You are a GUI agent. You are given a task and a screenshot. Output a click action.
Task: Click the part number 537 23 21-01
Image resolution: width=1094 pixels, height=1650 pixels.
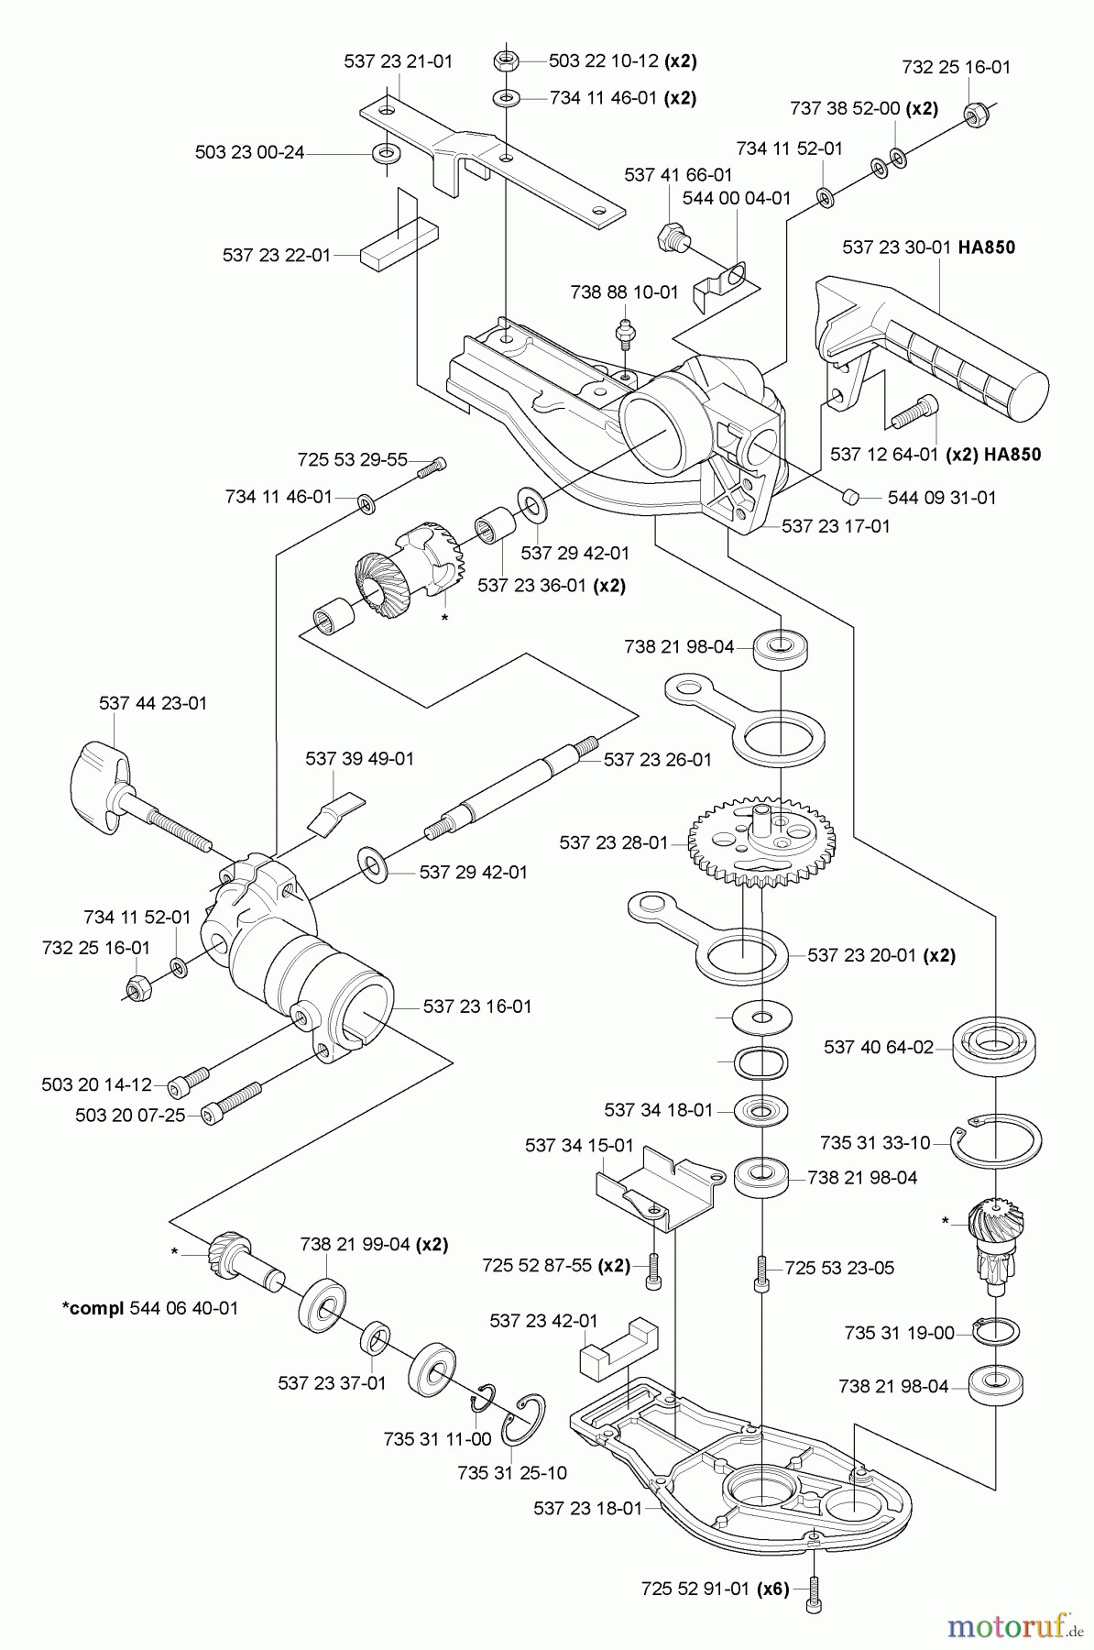(399, 61)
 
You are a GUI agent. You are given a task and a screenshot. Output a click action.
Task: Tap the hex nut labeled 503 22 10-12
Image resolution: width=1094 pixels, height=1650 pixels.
(507, 61)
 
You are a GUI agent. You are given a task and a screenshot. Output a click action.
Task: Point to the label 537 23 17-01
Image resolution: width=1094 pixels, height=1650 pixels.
(836, 526)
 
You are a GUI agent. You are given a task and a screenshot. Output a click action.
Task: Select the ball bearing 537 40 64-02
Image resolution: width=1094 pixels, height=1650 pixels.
(994, 1045)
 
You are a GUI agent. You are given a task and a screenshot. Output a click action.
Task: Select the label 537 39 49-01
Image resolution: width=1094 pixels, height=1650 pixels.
(359, 758)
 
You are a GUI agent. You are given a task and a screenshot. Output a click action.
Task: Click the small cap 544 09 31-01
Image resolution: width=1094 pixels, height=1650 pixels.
(849, 496)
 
